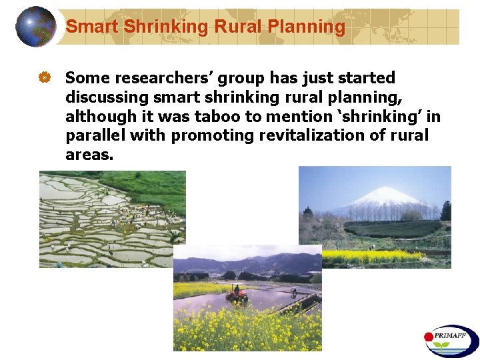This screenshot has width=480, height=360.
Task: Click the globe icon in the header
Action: [x=36, y=27]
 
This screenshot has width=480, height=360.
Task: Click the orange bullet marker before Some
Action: [x=45, y=79]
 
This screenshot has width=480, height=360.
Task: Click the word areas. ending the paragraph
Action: [x=89, y=155]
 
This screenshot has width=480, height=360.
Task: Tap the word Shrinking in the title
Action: [x=165, y=27]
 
